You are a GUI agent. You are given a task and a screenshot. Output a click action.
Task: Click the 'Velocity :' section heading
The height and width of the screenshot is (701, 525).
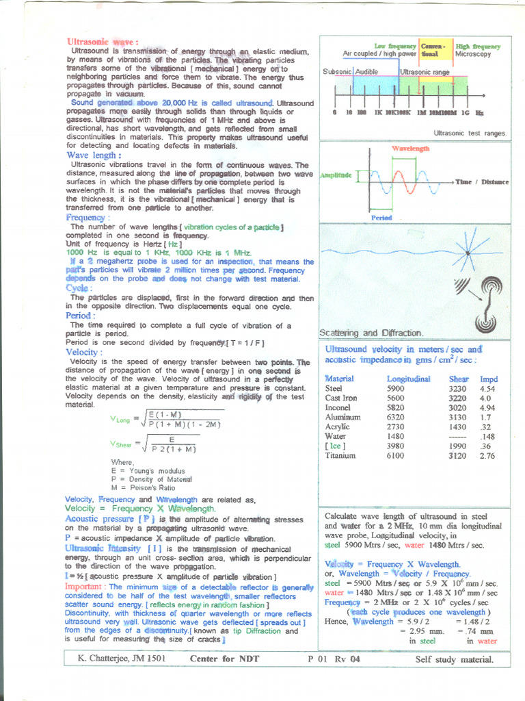point(85,352)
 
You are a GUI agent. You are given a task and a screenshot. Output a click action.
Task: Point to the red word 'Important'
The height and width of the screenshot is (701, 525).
point(85,587)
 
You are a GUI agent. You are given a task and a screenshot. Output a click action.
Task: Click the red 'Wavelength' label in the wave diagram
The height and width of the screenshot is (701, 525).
point(411,149)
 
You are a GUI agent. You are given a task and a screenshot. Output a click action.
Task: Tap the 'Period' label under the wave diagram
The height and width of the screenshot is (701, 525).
point(381,218)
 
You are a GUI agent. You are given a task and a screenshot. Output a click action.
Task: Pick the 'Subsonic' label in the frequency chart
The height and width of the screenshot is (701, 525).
point(337,71)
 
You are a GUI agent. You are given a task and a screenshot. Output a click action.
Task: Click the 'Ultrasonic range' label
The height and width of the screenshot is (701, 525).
point(425,71)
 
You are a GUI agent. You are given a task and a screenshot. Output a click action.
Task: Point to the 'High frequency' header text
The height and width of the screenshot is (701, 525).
point(478,46)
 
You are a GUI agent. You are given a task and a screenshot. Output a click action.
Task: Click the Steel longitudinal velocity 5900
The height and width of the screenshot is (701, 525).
point(396,388)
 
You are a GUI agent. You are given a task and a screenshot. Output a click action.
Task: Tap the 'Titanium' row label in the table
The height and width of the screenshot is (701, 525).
point(340,455)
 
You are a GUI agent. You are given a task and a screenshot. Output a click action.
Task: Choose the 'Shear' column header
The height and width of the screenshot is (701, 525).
point(459,379)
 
